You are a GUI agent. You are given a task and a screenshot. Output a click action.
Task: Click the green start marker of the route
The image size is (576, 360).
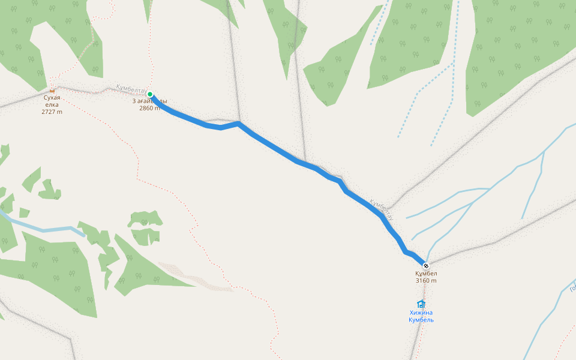[x=150, y=94]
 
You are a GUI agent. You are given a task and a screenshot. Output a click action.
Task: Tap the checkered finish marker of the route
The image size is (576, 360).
[x=426, y=266]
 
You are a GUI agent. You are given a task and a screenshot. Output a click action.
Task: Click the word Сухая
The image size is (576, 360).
[x=52, y=97]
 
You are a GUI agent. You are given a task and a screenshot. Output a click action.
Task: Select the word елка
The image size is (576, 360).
[x=52, y=104]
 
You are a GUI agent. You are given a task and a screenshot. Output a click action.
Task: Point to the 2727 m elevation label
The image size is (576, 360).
[x=52, y=112]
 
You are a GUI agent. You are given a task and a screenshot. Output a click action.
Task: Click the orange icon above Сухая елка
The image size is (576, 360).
[x=52, y=90]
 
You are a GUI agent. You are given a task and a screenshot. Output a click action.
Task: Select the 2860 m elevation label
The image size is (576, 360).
[x=149, y=108]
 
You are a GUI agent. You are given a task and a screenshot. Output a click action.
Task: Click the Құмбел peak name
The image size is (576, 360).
[x=426, y=274]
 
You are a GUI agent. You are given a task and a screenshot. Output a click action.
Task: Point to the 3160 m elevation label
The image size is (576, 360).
[x=426, y=281]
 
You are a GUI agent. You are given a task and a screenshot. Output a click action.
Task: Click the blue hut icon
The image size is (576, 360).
[x=421, y=304]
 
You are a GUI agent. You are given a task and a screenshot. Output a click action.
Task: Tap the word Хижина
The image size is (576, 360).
[x=421, y=313]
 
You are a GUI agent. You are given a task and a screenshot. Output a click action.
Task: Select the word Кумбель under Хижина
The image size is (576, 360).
[x=421, y=320]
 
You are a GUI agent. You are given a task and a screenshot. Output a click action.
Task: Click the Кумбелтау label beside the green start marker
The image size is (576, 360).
[x=131, y=91]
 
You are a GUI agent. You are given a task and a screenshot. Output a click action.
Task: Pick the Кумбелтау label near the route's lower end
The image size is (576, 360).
[x=382, y=208]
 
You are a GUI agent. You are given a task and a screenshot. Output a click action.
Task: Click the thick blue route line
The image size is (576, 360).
[x=276, y=150]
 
